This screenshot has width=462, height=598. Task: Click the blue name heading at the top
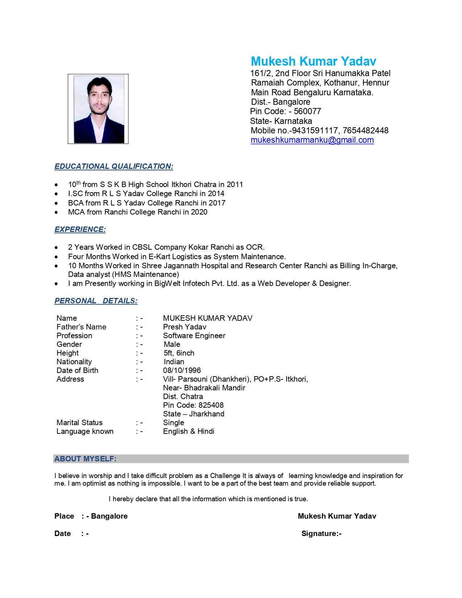tap(313, 61)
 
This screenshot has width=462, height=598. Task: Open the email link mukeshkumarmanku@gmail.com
tap(312, 140)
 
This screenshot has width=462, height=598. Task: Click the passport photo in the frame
tap(99, 109)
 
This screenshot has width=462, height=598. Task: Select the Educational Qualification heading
tap(114, 166)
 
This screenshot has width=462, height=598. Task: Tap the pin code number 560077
tap(307, 112)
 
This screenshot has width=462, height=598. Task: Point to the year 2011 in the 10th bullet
tap(235, 184)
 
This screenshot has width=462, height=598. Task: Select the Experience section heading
tap(80, 229)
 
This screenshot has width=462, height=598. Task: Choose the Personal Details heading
tap(96, 301)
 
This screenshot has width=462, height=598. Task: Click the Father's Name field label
tap(81, 327)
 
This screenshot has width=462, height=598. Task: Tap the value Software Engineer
tap(194, 336)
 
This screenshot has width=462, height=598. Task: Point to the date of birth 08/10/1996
tap(182, 370)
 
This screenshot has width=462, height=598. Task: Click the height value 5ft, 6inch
tap(179, 353)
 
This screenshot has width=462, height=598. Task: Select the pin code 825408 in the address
tap(211, 405)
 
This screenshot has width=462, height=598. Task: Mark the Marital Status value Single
tap(174, 423)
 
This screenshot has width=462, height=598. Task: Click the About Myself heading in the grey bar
tap(86, 459)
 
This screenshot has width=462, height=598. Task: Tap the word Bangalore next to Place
tap(109, 516)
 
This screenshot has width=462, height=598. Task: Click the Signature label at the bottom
tap(321, 533)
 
